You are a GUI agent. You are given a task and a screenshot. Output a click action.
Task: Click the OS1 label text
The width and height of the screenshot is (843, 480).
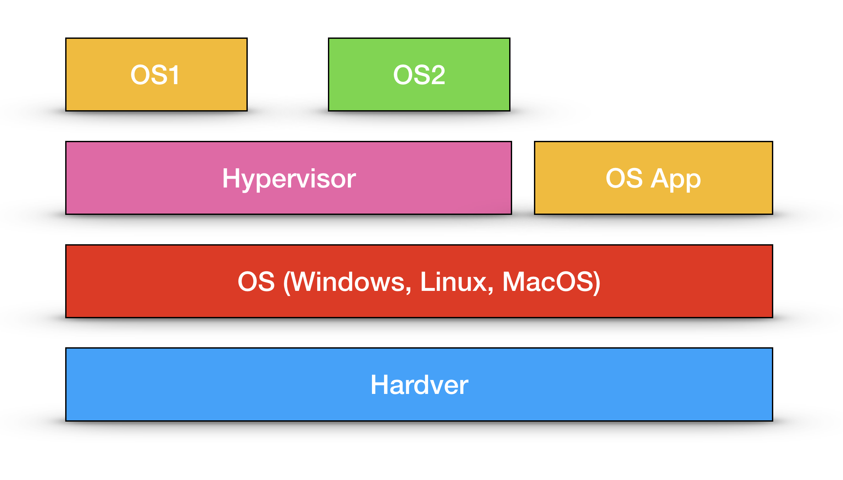(155, 75)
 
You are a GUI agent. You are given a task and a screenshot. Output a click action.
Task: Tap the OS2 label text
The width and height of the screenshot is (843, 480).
(419, 75)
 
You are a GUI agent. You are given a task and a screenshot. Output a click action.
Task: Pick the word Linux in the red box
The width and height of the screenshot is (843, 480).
(454, 282)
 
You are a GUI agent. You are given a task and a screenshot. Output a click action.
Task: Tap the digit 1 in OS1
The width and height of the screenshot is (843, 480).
(173, 75)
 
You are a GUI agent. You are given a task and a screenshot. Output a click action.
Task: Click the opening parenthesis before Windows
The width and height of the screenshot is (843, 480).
(287, 283)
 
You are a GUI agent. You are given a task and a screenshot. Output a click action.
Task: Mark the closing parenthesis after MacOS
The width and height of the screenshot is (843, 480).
(597, 283)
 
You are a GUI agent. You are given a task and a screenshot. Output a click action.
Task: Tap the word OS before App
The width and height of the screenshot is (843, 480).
(624, 178)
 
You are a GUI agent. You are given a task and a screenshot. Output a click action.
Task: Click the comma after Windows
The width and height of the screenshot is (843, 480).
(409, 290)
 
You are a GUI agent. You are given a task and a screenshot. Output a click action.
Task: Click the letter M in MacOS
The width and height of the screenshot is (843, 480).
(513, 282)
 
